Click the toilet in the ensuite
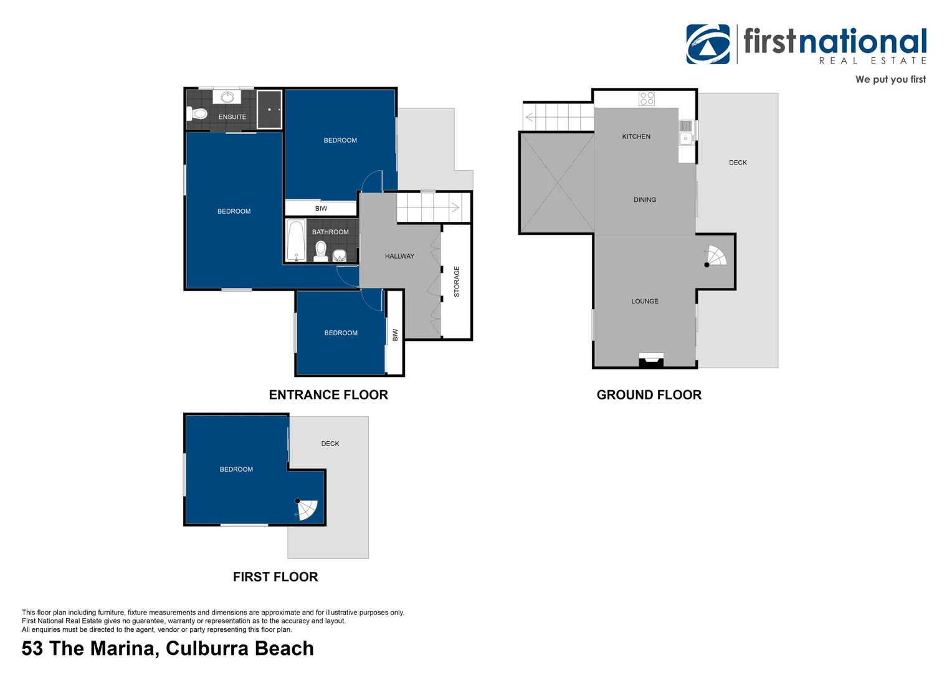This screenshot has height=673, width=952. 198,113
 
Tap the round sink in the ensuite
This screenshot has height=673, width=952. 227,97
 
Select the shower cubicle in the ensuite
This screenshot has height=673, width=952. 270,109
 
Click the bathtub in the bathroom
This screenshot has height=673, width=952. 296,241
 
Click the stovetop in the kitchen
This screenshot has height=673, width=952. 647,98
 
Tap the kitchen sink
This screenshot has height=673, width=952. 686,138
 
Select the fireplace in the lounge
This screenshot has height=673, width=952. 651,360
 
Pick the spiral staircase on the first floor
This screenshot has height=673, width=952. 307,509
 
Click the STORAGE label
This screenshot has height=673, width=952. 457,282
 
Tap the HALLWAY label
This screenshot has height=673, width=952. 399,256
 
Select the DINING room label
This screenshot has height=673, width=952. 645,200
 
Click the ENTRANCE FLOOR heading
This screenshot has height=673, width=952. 328,394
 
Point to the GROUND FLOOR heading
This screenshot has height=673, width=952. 649,394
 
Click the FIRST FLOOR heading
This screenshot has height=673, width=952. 275,577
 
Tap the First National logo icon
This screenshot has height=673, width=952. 708,44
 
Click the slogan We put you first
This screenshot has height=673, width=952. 890,79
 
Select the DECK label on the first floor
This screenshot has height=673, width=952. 330,444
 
